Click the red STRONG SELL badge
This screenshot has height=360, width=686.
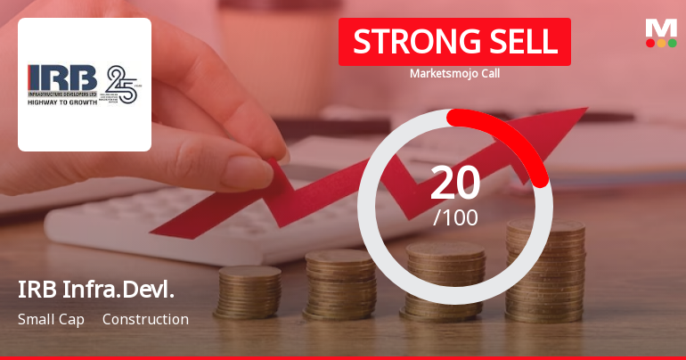tap(454, 42)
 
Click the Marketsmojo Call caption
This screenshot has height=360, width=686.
tap(454, 74)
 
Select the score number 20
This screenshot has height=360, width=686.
tap(454, 183)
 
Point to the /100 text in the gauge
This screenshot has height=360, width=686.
tap(455, 217)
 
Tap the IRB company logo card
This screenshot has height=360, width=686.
tap(85, 85)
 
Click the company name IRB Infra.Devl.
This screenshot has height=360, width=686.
tap(95, 290)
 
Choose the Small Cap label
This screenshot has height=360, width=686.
tap(51, 319)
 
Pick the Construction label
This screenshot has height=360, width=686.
tap(145, 319)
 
